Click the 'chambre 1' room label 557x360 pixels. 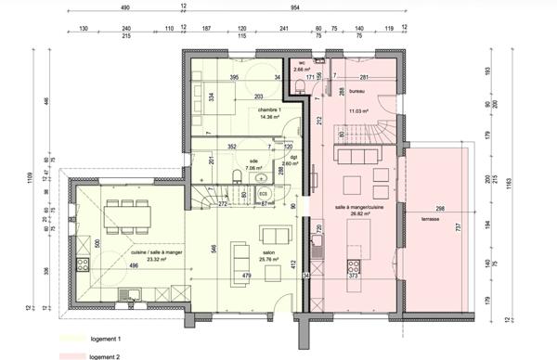point(269,109)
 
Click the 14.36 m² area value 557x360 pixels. point(269,118)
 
